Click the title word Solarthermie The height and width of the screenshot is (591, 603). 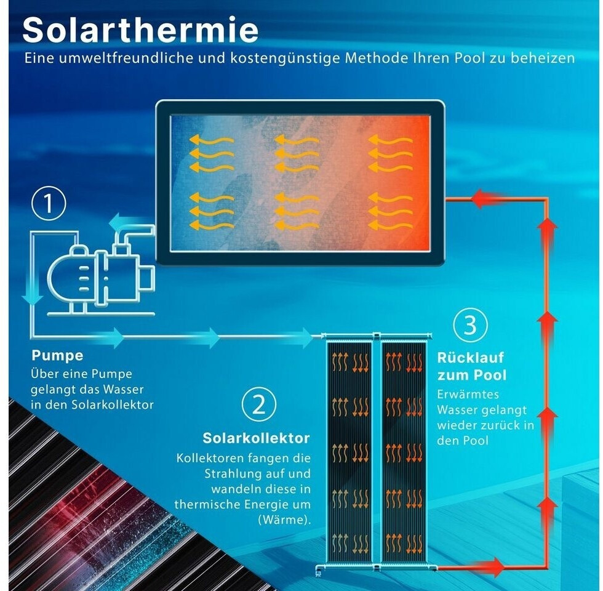point(140,30)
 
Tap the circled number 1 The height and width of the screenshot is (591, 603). point(49,204)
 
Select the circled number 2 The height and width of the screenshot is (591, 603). point(259,404)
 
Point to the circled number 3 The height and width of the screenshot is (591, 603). point(470,325)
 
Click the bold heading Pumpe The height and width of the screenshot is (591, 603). point(57,356)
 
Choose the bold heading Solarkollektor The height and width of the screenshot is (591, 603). point(256,438)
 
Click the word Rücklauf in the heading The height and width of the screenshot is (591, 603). point(470,358)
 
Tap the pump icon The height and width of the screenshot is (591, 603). point(101,273)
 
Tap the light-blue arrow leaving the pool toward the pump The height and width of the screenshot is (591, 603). point(122,223)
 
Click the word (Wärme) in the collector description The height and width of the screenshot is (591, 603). point(284,520)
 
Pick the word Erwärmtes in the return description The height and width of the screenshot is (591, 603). point(468,395)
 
